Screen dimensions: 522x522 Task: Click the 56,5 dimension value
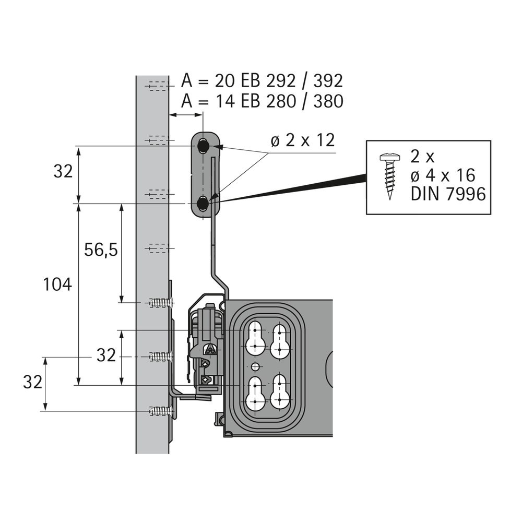(101, 250)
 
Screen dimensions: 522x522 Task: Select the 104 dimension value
(57, 284)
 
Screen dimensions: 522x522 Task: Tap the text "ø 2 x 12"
(303, 140)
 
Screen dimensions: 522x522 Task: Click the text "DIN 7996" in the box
(448, 194)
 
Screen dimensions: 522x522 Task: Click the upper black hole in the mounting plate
(203, 146)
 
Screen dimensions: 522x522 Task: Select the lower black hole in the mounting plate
(203, 203)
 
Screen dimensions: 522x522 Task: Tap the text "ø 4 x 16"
(443, 175)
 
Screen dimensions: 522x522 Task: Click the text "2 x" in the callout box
(422, 157)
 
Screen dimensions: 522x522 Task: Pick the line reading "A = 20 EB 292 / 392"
(262, 81)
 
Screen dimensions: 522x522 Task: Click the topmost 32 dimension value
(63, 172)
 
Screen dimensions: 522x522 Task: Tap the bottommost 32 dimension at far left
(32, 382)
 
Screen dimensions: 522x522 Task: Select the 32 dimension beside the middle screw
(106, 355)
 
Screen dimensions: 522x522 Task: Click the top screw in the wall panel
(161, 303)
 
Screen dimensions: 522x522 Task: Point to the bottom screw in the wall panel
(161, 411)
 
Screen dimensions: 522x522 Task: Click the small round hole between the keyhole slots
(255, 367)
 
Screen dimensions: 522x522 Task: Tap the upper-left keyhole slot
(255, 338)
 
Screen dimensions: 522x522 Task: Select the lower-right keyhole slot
(279, 391)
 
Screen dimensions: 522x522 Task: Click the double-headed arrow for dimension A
(186, 115)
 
